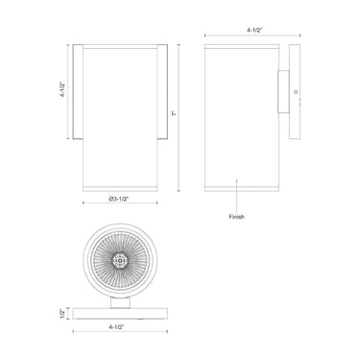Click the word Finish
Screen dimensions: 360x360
tap(237, 217)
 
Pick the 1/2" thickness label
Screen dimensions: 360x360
tap(62, 313)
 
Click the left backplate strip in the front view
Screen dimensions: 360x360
tap(78, 91)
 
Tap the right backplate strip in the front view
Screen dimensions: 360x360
tap(164, 91)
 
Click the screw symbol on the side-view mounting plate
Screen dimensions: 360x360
tap(294, 94)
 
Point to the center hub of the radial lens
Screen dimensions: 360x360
tap(121, 260)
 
